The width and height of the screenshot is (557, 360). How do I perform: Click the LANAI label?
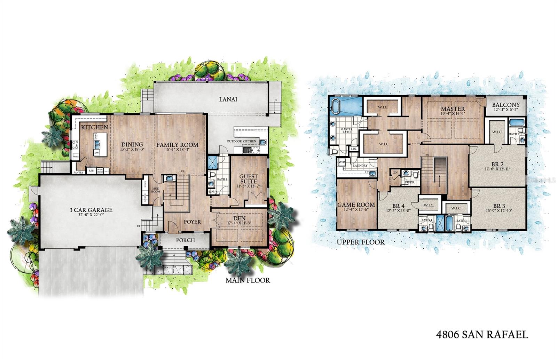click(228, 99)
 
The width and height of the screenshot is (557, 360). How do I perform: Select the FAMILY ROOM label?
click(177, 145)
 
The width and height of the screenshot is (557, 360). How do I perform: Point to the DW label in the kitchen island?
click(96, 153)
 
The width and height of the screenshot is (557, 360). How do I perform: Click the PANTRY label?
click(78, 173)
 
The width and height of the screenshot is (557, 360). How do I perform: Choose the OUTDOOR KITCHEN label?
click(242, 141)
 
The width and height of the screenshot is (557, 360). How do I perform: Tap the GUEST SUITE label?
click(249, 179)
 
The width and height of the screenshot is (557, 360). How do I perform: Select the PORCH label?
click(185, 240)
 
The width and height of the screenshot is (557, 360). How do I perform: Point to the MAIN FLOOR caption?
click(248, 280)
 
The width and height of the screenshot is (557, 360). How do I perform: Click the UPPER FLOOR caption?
click(361, 242)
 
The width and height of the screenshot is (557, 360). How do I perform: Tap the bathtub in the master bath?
click(336, 106)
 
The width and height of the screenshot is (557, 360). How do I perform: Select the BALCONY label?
click(506, 105)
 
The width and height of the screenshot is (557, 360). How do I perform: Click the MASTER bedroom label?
click(453, 109)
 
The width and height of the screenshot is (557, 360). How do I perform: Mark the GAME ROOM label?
click(356, 205)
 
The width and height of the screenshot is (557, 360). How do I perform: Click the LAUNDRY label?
click(360, 166)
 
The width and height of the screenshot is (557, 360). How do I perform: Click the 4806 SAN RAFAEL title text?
click(482, 335)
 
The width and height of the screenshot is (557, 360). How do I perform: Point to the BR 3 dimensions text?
click(499, 210)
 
